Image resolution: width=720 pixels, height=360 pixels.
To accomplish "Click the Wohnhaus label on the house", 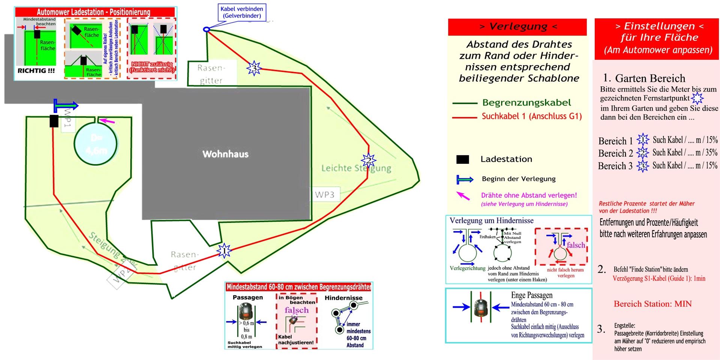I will click(225, 154).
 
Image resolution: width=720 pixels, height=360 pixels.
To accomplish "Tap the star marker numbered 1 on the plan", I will click(224, 250).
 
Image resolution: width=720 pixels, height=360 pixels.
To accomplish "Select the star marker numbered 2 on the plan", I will click(368, 161).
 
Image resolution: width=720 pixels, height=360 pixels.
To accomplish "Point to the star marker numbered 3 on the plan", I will click(254, 68).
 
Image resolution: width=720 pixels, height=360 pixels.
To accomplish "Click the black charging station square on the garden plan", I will click(54, 121).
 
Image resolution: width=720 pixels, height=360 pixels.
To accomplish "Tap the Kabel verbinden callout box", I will click(242, 12).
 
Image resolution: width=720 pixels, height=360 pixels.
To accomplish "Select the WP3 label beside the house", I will click(324, 195).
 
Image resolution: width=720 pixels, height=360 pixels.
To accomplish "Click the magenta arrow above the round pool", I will click(108, 121).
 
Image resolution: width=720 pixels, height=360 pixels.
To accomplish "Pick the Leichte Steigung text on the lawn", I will click(356, 168).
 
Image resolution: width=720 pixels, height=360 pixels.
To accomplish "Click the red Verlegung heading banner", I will click(517, 27).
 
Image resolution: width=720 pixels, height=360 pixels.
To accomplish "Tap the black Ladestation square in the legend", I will click(462, 159).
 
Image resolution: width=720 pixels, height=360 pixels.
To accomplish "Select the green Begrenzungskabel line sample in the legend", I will click(465, 103).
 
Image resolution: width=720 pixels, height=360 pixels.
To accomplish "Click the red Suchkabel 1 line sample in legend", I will click(465, 118).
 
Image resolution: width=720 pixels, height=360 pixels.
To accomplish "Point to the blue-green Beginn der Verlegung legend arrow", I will click(465, 179).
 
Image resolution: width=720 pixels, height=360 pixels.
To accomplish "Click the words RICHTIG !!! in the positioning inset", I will click(36, 70).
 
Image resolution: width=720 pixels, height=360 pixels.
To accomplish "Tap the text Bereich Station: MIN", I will click(652, 304).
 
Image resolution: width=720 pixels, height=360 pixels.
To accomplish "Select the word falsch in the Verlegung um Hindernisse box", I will click(576, 245).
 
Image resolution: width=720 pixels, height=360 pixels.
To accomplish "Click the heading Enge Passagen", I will click(531, 295).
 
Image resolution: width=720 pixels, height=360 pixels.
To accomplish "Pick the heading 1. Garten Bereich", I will click(644, 78).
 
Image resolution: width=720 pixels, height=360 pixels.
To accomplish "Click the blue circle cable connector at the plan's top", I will click(206, 29).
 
